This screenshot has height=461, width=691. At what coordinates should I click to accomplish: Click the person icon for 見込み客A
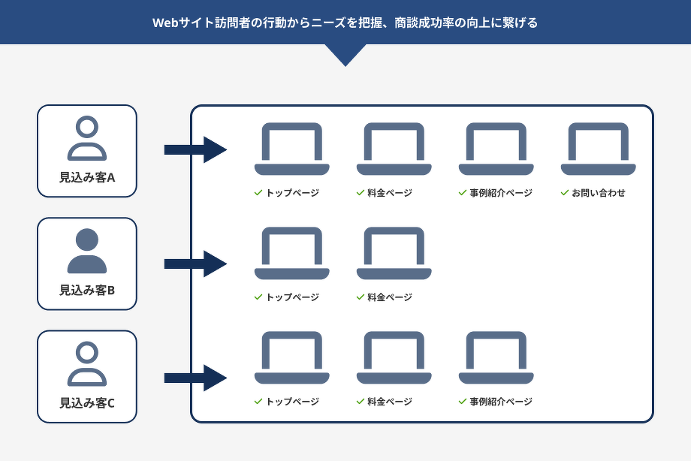pyautogui.click(x=87, y=138)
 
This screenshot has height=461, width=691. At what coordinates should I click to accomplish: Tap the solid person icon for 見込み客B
pyautogui.click(x=87, y=251)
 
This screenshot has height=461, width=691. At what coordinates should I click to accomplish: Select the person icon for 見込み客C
pyautogui.click(x=87, y=364)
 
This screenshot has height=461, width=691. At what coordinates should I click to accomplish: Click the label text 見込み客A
pyautogui.click(x=87, y=178)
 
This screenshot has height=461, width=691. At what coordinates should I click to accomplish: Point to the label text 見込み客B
pyautogui.click(x=87, y=290)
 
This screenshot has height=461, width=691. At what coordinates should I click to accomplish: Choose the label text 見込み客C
pyautogui.click(x=87, y=403)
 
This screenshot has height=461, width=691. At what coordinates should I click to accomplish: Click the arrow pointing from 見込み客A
pyautogui.click(x=195, y=150)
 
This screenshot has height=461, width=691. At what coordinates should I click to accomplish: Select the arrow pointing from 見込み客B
pyautogui.click(x=195, y=264)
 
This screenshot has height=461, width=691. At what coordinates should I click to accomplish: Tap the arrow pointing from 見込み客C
pyautogui.click(x=195, y=377)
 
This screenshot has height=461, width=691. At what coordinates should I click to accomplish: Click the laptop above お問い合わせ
pyautogui.click(x=598, y=149)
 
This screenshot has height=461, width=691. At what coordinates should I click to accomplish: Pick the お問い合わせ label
pyautogui.click(x=598, y=193)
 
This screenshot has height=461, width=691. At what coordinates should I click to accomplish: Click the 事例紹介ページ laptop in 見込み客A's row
pyautogui.click(x=496, y=149)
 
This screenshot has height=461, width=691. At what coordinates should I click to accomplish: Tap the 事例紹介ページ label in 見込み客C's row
pyautogui.click(x=500, y=402)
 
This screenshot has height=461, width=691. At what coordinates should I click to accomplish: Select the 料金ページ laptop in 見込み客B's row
pyautogui.click(x=394, y=253)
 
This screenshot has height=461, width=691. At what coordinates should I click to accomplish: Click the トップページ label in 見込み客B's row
pyautogui.click(x=292, y=297)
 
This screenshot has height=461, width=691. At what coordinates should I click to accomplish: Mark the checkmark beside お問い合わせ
pyautogui.click(x=564, y=193)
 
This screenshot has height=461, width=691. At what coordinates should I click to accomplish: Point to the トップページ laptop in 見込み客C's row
pyautogui.click(x=291, y=357)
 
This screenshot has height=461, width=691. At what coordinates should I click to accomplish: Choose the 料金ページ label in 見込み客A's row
pyautogui.click(x=390, y=193)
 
